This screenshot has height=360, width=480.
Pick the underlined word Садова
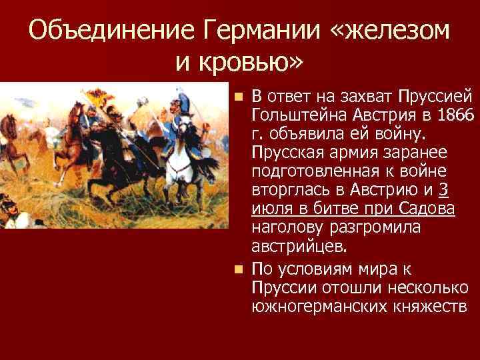click(x=423, y=209)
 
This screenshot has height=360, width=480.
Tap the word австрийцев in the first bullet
click(x=299, y=246)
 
